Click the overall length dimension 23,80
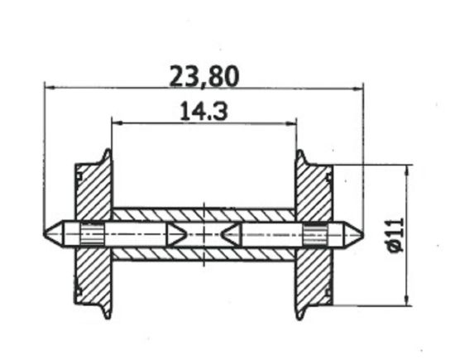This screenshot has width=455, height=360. pyautogui.click(x=204, y=76)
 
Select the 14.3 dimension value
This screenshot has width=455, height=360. pyautogui.click(x=204, y=111)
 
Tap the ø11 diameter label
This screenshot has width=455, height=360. pyautogui.click(x=393, y=236)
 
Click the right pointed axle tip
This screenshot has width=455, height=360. pyautogui.click(x=357, y=233)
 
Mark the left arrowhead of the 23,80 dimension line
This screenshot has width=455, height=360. pyautogui.click(x=49, y=86)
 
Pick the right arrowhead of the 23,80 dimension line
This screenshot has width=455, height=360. pyautogui.click(x=357, y=86)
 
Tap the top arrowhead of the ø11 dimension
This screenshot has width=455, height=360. pyautogui.click(x=406, y=170)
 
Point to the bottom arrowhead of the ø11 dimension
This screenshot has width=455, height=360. pyautogui.click(x=406, y=300)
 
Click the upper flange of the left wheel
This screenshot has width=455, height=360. pyautogui.click(x=107, y=157)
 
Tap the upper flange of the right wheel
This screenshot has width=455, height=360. pyautogui.click(x=301, y=157)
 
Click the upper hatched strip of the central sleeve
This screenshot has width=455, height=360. pyautogui.click(x=204, y=214)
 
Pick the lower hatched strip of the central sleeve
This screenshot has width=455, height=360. pyautogui.click(x=204, y=253)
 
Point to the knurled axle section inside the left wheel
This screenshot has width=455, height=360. pyautogui.click(x=93, y=233)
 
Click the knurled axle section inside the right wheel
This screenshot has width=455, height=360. pyautogui.click(x=314, y=233)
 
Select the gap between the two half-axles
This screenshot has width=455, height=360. pyautogui.click(x=204, y=233)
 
